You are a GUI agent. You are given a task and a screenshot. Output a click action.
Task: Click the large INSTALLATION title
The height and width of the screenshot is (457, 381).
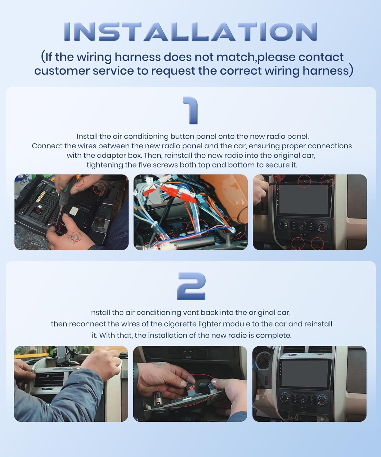[190, 32]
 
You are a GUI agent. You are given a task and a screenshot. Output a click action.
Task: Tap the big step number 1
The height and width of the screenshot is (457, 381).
[191, 111]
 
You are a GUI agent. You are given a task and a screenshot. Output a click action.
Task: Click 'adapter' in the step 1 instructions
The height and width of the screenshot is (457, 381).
[110, 156]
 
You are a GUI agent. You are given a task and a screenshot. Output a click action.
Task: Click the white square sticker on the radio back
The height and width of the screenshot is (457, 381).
[74, 211]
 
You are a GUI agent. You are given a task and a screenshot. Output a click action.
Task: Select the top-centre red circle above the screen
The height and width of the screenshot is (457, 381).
[304, 181]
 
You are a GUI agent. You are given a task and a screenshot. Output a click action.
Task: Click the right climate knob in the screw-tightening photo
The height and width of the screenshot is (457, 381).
[322, 227]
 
